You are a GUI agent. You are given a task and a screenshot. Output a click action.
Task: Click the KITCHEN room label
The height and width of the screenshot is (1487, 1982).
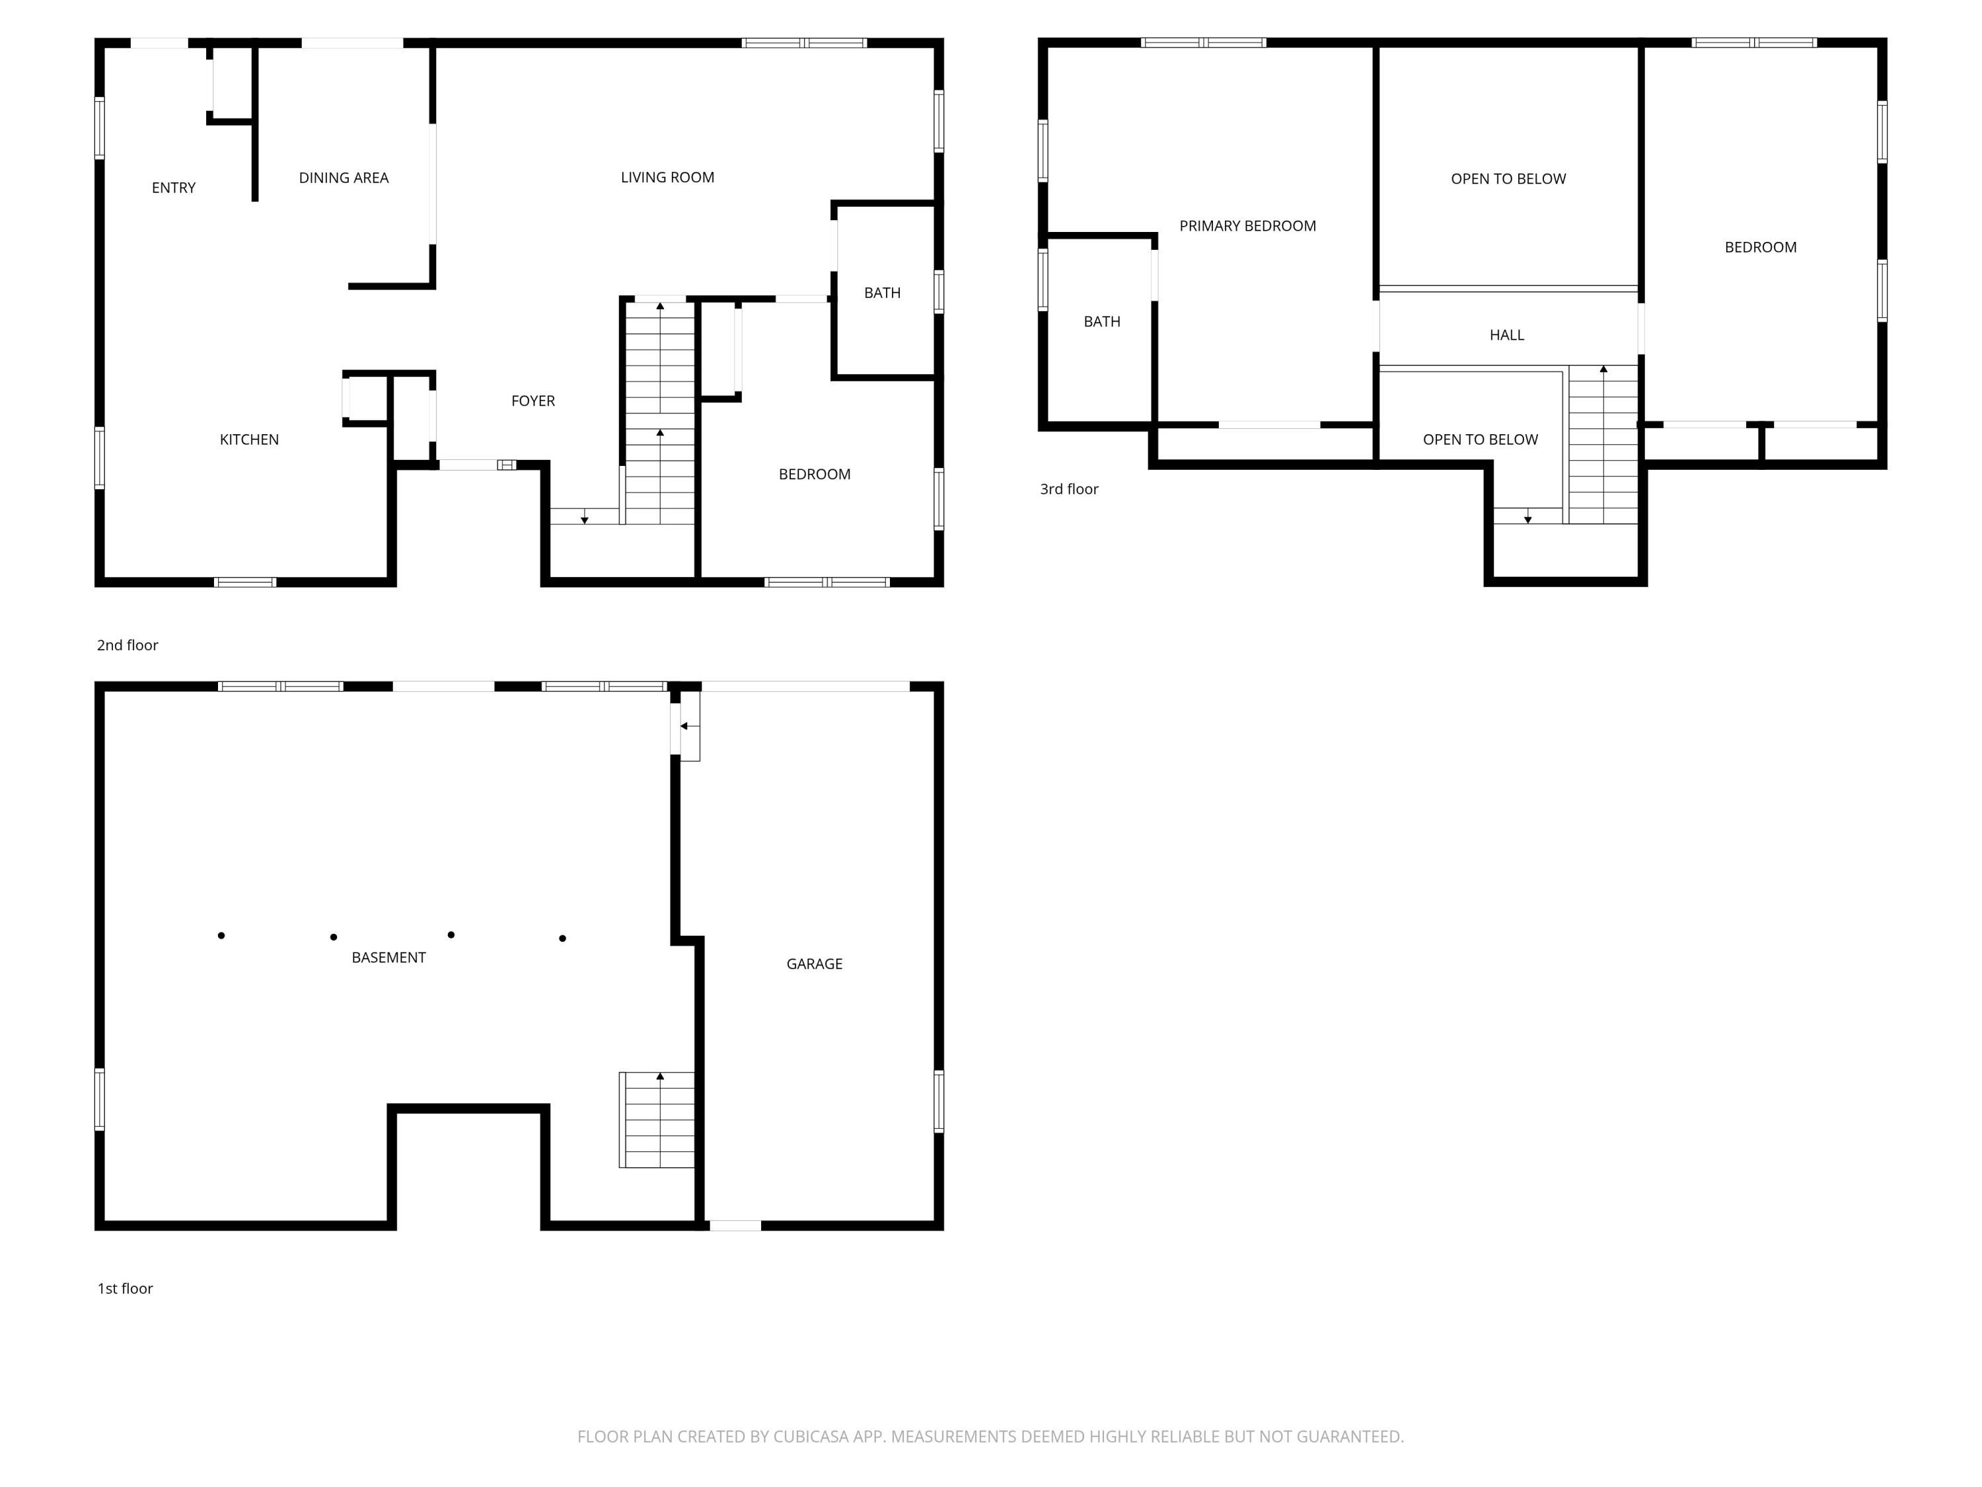tap(249, 439)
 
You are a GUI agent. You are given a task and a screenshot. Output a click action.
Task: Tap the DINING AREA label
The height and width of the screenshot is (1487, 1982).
tap(343, 178)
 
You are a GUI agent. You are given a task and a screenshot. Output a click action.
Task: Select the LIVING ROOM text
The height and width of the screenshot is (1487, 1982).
tap(667, 178)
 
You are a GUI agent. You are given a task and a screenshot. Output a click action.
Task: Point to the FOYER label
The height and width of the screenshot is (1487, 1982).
tap(533, 400)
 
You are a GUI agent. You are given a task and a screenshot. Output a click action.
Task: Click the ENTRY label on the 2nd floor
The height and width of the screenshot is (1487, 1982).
tap(173, 187)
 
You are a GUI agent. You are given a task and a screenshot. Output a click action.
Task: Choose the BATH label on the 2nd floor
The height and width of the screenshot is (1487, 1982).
tap(882, 293)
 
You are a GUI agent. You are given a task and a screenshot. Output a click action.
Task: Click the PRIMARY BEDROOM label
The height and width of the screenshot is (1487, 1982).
tap(1247, 226)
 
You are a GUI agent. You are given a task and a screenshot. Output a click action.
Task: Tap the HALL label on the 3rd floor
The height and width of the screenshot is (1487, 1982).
tap(1506, 335)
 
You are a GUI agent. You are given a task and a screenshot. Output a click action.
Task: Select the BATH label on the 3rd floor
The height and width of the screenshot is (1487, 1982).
tap(1101, 322)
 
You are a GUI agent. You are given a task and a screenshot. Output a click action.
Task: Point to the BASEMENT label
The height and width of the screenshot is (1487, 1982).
tap(388, 957)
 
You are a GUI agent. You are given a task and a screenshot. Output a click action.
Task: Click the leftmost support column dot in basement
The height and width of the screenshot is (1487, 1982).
tap(221, 936)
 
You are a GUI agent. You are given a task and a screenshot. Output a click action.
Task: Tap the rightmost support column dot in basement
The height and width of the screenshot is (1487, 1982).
tap(563, 938)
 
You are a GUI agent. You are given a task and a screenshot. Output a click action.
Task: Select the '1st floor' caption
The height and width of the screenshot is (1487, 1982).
tap(126, 1288)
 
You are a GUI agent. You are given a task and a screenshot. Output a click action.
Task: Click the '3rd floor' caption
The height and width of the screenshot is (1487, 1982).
tap(1069, 488)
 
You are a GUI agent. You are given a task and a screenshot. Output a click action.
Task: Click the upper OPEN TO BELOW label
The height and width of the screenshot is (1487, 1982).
tap(1508, 179)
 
